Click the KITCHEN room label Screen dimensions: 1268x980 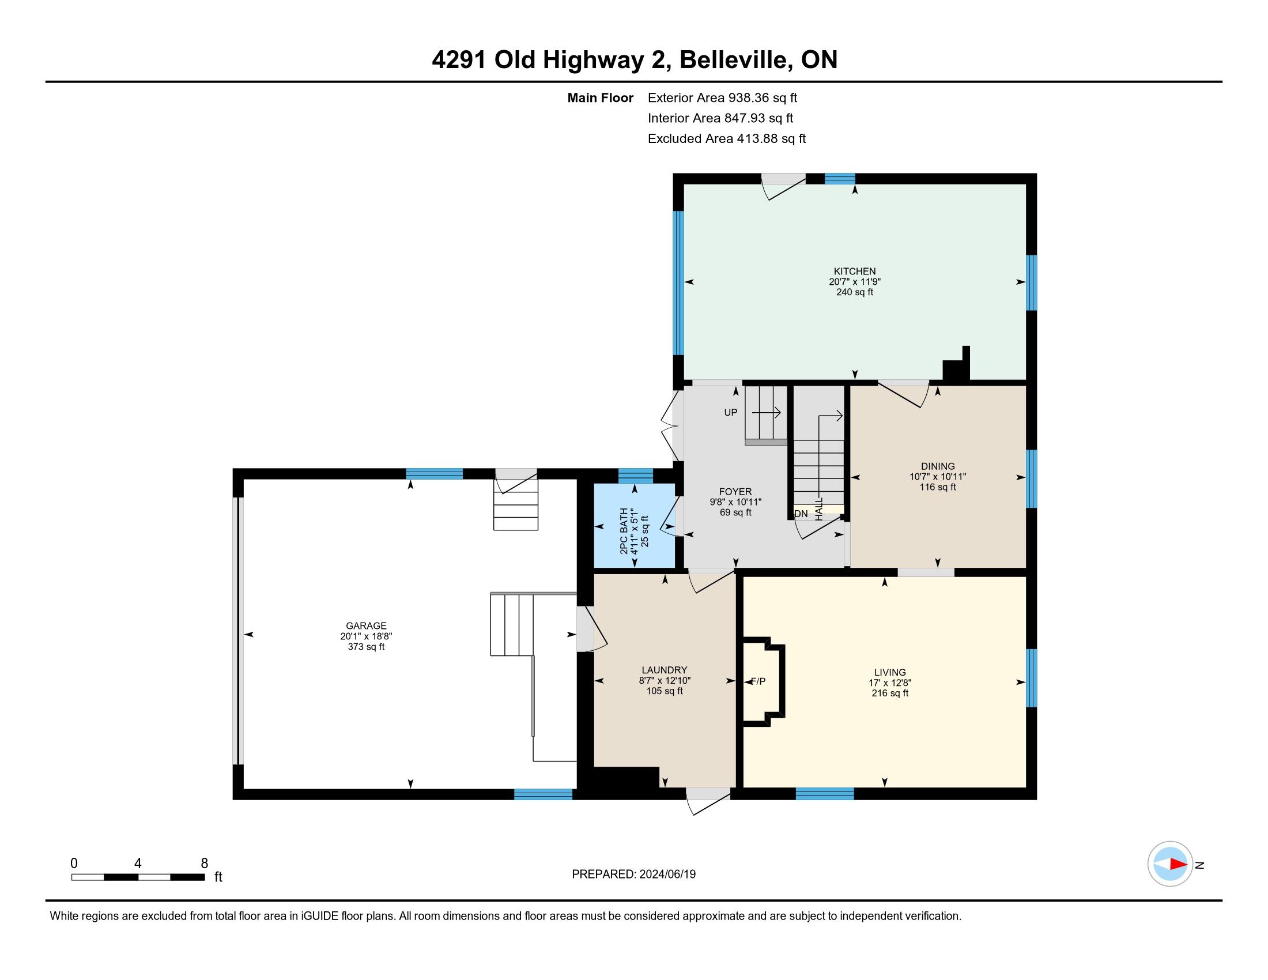tap(855, 271)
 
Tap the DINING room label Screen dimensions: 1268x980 tap(938, 466)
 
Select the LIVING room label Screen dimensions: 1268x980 tap(890, 672)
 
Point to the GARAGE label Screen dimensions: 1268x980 tap(366, 626)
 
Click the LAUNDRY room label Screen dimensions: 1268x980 tap(664, 670)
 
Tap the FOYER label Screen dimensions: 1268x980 tap(735, 492)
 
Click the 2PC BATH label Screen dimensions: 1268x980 tap(624, 532)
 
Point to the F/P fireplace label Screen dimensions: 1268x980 tap(758, 681)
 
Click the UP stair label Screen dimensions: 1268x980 tap(730, 412)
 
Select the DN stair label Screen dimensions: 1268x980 tap(801, 514)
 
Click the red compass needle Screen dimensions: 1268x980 tap(1178, 864)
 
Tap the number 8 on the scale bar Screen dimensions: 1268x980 tap(205, 864)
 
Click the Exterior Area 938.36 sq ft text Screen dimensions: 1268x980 tap(723, 98)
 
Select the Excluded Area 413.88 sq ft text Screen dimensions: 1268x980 tap(727, 139)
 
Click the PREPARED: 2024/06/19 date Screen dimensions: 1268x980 tap(633, 875)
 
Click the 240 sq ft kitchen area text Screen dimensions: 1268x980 tap(855, 292)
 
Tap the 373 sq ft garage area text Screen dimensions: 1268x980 tap(366, 647)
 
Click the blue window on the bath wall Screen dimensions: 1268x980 tap(636, 476)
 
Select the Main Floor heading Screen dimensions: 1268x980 tap(601, 98)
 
